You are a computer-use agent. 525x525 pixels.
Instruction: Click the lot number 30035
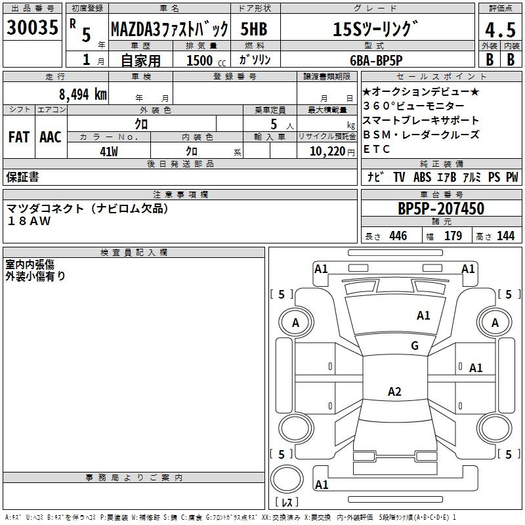pyautogui.click(x=32, y=27)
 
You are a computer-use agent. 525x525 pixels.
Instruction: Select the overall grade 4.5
pyautogui.click(x=500, y=30)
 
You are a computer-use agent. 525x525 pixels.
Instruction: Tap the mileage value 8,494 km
pyautogui.click(x=83, y=94)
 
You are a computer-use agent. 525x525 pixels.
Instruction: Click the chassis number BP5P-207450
pyautogui.click(x=441, y=209)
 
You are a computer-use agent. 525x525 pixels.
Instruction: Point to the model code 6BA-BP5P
pyautogui.click(x=376, y=60)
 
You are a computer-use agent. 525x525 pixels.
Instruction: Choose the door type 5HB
pyautogui.click(x=254, y=29)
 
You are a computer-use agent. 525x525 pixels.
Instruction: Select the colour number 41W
pyautogui.click(x=109, y=152)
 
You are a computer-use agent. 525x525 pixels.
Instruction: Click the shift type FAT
pyautogui.click(x=19, y=137)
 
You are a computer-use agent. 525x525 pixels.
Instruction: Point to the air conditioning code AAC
pyautogui.click(x=51, y=137)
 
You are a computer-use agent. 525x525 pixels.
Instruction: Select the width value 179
pyautogui.click(x=453, y=236)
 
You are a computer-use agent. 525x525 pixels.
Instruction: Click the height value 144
pyautogui.click(x=505, y=236)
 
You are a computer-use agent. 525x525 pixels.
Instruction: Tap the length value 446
pyautogui.click(x=398, y=236)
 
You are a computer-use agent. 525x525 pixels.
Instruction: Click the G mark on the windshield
pyautogui.click(x=415, y=346)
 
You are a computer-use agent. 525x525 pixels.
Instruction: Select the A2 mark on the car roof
pyautogui.click(x=394, y=391)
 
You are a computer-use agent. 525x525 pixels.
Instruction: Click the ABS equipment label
pyautogui.click(x=422, y=177)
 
